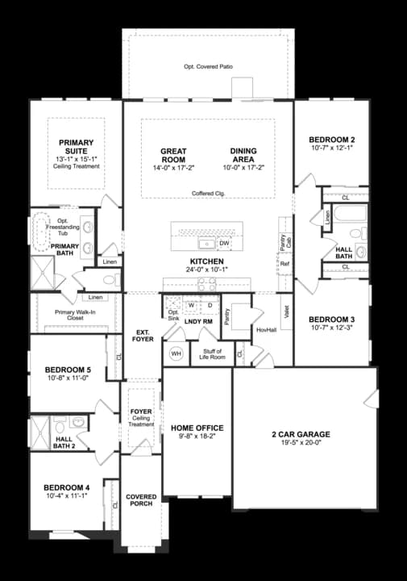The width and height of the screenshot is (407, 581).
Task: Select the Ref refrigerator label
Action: (x=284, y=264)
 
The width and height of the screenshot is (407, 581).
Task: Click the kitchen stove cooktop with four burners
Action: (x=205, y=283)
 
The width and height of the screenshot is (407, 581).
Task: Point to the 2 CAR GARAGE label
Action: (x=301, y=434)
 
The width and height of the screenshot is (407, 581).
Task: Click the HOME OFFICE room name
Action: (x=197, y=428)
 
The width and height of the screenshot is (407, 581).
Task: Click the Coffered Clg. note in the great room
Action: (x=208, y=194)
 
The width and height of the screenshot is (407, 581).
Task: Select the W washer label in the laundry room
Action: (x=192, y=306)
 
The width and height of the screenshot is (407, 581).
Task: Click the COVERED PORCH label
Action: (x=141, y=499)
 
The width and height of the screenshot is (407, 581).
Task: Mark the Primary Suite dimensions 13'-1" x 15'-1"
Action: (x=77, y=159)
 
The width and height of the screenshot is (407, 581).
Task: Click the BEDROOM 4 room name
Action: (x=66, y=487)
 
